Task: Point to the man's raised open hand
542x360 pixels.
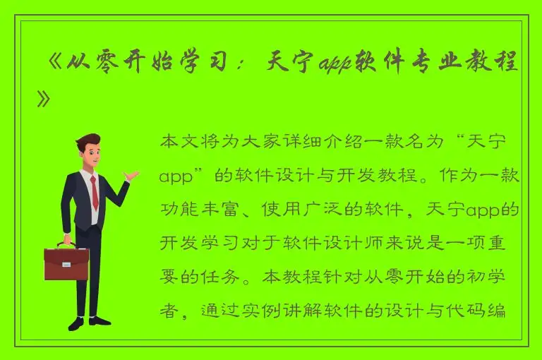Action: point(132,175)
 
